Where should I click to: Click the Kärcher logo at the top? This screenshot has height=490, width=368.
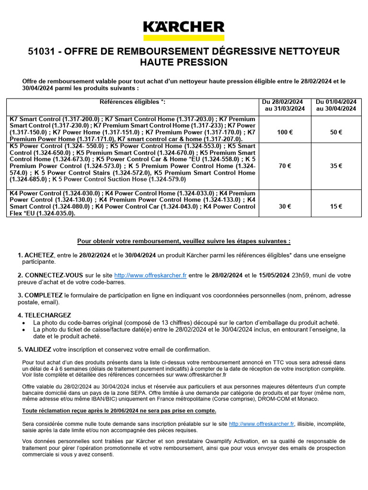(184, 30)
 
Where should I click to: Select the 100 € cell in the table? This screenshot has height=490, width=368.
(285, 132)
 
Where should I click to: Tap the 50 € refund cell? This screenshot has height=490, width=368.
(336, 132)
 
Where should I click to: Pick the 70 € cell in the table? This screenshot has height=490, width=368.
(285, 166)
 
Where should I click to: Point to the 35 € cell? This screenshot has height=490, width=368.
(336, 166)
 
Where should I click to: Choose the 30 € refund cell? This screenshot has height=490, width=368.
(285, 207)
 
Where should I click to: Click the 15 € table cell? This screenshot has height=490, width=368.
(336, 207)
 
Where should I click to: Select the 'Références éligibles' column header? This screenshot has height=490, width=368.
(132, 102)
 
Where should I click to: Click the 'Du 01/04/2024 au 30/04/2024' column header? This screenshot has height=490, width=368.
(336, 105)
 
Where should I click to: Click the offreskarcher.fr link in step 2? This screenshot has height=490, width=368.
(150, 276)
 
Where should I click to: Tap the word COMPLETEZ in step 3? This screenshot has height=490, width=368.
(43, 296)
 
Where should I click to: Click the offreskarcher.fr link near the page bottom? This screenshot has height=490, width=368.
(261, 424)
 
